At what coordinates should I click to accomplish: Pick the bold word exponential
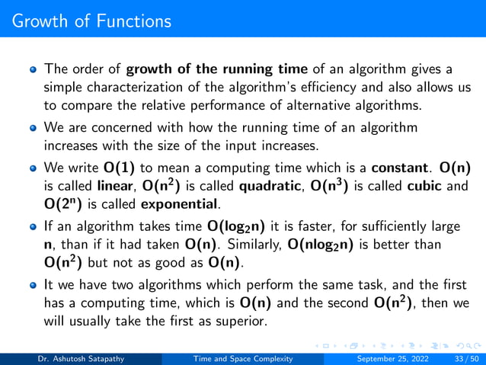(x=185, y=203)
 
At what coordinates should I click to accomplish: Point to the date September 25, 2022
(x=387, y=357)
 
